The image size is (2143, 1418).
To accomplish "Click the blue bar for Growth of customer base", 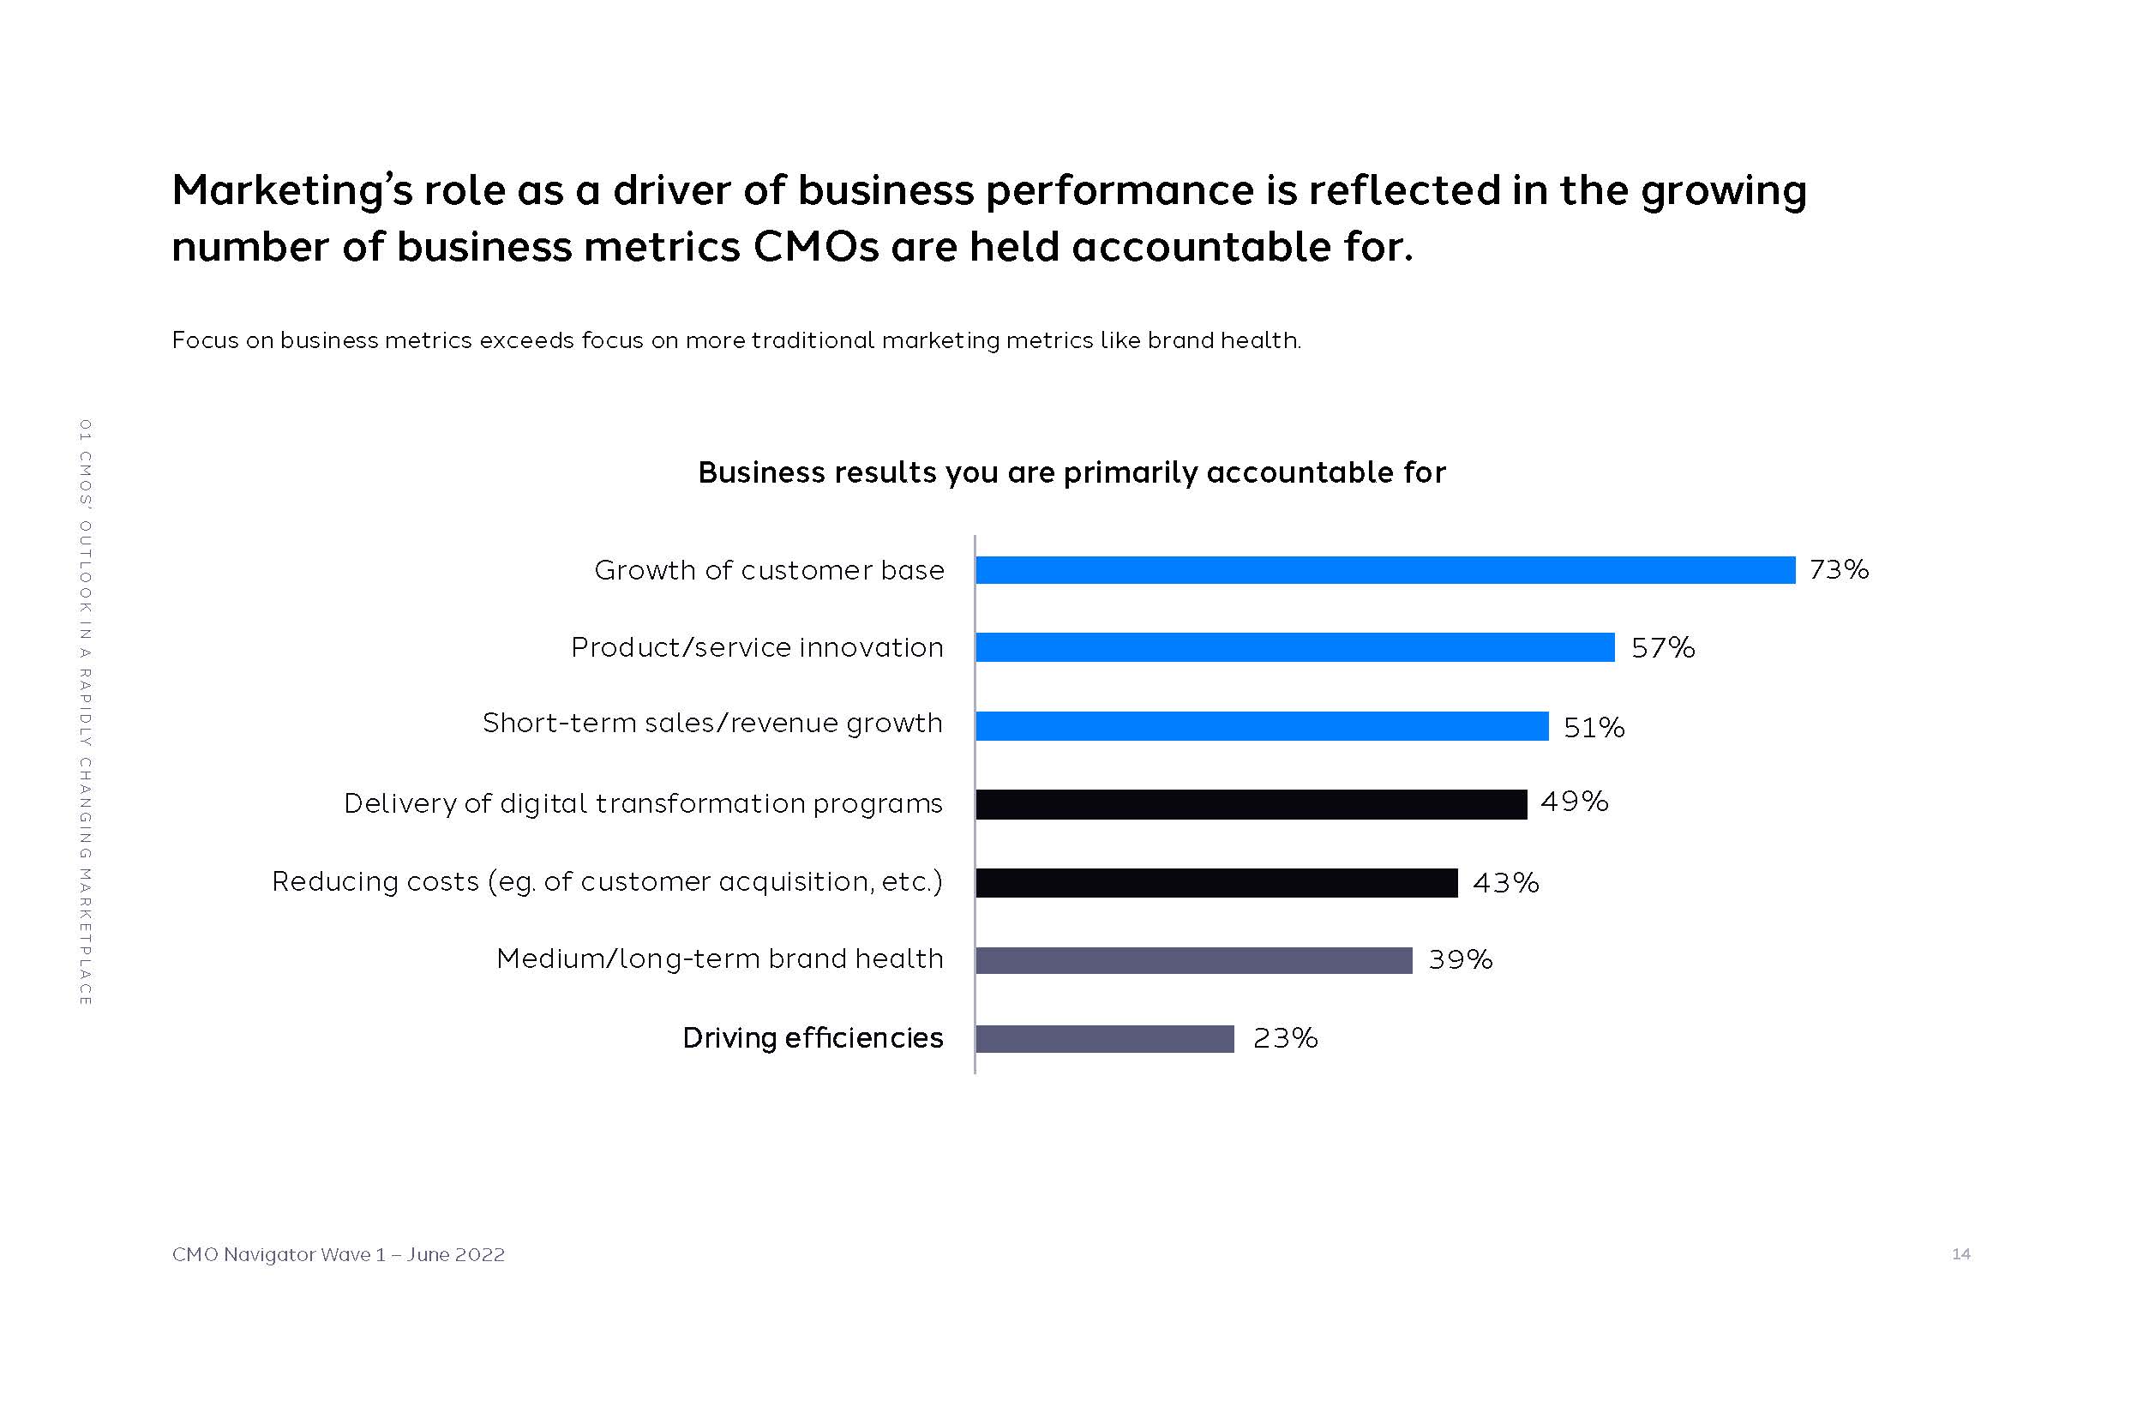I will pyautogui.click(x=1384, y=570).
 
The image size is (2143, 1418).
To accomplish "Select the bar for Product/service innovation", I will pyautogui.click(x=1295, y=647).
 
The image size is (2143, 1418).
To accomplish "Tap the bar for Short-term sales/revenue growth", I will pyautogui.click(x=1262, y=726).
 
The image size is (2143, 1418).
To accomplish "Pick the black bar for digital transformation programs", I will pyautogui.click(x=1251, y=804).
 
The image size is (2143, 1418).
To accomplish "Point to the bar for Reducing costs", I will pyautogui.click(x=1216, y=883).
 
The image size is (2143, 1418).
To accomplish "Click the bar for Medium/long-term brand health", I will pyautogui.click(x=1193, y=960).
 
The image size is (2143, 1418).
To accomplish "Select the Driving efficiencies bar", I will pyautogui.click(x=1104, y=1039).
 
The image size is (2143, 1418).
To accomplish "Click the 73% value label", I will pyautogui.click(x=1839, y=570).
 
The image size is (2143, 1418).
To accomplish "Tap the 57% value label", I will pyautogui.click(x=1662, y=647).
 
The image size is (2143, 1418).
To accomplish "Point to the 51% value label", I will pyautogui.click(x=1594, y=727).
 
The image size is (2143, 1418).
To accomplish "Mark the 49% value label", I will pyautogui.click(x=1574, y=802).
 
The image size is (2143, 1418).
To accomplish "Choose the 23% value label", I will pyautogui.click(x=1285, y=1038).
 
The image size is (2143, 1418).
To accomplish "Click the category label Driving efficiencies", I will pyautogui.click(x=812, y=1038).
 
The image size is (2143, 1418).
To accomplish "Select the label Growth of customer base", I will pyautogui.click(x=769, y=571).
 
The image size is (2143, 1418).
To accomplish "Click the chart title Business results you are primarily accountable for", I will pyautogui.click(x=1071, y=472).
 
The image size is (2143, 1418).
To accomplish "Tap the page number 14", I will pyautogui.click(x=1960, y=1253).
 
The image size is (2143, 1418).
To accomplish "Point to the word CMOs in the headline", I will pyautogui.click(x=814, y=247).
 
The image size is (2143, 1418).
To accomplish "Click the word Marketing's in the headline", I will pyautogui.click(x=292, y=192).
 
